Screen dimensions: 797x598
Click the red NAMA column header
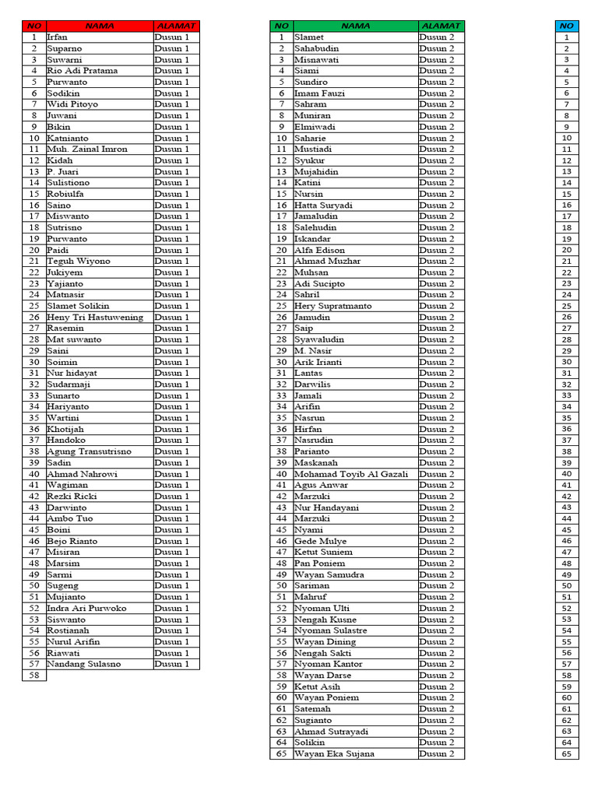(99, 26)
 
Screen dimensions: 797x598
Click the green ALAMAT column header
(441, 26)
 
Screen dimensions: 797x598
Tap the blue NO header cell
(566, 26)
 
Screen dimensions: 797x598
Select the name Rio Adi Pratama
(83, 71)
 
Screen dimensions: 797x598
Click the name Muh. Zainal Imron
(87, 149)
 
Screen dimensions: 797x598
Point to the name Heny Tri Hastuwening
(95, 318)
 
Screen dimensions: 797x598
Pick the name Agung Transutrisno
(90, 451)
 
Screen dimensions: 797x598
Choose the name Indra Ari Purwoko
(86, 609)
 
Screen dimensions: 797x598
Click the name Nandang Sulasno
(84, 665)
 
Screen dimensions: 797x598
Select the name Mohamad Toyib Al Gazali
(351, 474)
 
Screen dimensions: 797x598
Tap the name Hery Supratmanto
(332, 306)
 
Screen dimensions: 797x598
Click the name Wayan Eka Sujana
(334, 754)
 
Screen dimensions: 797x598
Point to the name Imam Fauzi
(320, 93)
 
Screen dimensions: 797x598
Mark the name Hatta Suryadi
(323, 205)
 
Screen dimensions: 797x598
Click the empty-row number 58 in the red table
(34, 676)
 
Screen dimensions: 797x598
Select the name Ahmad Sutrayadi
(331, 732)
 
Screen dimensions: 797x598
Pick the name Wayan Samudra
(329, 574)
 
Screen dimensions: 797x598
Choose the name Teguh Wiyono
(79, 262)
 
